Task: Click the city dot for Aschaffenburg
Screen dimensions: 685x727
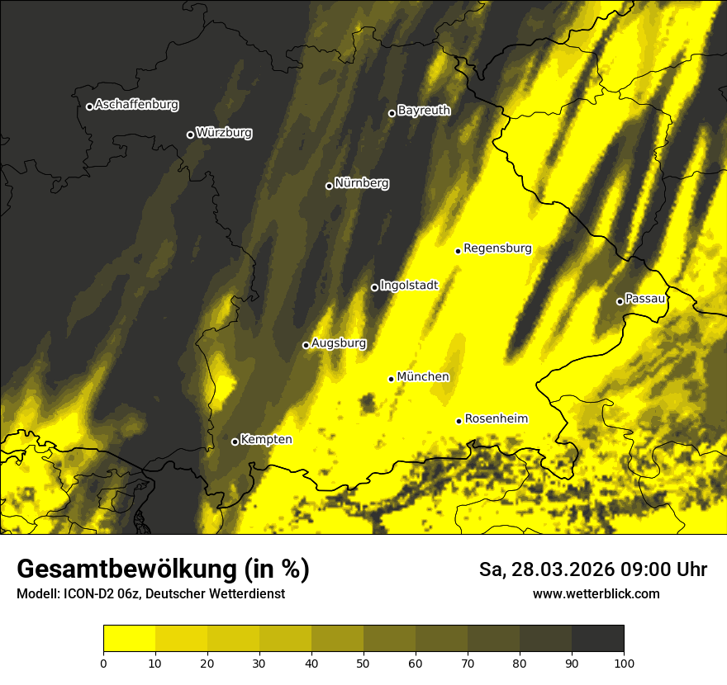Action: click(89, 106)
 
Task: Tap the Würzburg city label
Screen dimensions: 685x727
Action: click(224, 132)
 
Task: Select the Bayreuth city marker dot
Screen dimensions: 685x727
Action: click(392, 113)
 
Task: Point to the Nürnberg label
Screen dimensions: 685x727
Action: click(362, 183)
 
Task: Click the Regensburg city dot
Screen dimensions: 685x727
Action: click(458, 251)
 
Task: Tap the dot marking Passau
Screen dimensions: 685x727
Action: click(620, 301)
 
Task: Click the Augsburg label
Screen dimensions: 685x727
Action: click(339, 342)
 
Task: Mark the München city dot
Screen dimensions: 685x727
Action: click(391, 379)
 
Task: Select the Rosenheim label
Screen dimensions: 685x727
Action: click(496, 418)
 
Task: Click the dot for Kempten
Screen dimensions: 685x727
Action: click(235, 442)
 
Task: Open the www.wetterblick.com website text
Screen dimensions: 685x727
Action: click(596, 593)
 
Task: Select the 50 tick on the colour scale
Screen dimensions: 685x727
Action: click(363, 662)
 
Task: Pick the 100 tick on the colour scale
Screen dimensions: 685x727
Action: click(624, 662)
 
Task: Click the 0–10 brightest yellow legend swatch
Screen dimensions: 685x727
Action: click(129, 639)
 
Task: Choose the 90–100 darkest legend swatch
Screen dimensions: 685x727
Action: click(597, 639)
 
